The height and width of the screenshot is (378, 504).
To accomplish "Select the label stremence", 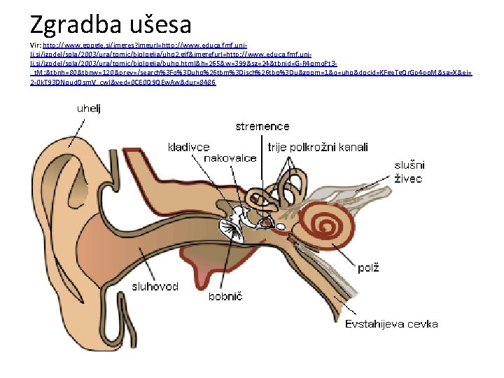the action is pos(262,127).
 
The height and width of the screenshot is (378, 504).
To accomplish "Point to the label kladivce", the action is pos(188,147).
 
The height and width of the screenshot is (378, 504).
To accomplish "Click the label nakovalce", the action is pos(230,158).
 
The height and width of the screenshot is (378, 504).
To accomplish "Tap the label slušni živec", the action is pos(409,171).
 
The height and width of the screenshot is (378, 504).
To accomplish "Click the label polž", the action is pos(368,268).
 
